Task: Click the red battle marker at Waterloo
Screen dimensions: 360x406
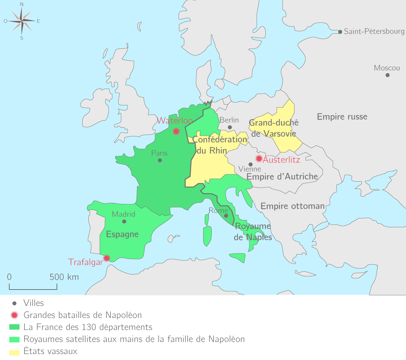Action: [x=176, y=131]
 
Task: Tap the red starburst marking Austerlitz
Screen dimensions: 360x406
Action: [x=259, y=158]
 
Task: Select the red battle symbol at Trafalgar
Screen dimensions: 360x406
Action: [x=107, y=258]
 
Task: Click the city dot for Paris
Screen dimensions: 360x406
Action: [x=160, y=160]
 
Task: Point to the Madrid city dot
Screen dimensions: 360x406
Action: [x=124, y=222]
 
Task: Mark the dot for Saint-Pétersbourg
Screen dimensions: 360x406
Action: [x=340, y=32]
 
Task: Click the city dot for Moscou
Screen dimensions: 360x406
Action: [x=387, y=75]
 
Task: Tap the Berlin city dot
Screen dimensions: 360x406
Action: [x=230, y=127]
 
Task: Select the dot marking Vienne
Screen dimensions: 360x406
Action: [x=250, y=164]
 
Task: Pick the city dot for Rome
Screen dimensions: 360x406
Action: [x=226, y=216]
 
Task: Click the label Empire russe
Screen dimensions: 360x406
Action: [x=342, y=117]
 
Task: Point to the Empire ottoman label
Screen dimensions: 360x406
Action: [x=293, y=206]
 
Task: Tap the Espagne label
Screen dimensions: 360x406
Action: [x=122, y=235]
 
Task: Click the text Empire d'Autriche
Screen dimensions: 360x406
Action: [x=282, y=177]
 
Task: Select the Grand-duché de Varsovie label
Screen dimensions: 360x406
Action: [x=274, y=128]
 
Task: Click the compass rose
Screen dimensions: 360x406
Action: [x=22, y=21]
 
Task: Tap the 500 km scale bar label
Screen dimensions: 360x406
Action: [x=64, y=277]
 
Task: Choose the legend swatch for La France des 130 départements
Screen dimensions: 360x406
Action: [x=15, y=327]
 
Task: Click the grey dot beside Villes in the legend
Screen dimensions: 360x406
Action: [x=14, y=303]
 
